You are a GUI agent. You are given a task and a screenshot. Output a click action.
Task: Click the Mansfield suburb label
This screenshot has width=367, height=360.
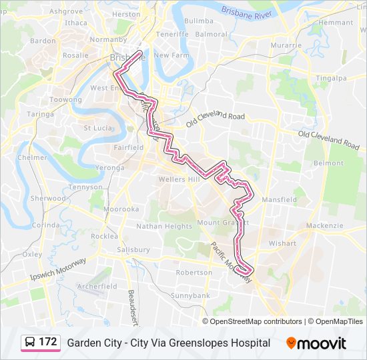279,199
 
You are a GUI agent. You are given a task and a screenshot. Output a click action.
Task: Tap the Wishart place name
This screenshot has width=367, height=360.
282,243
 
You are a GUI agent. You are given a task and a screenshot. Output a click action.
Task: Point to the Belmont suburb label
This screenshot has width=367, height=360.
329,163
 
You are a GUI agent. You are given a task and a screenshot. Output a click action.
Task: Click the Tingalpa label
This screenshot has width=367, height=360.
332,78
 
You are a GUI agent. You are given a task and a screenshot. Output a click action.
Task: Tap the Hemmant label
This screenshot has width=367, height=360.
336,23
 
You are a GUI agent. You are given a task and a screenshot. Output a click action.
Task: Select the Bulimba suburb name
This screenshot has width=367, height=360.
198,21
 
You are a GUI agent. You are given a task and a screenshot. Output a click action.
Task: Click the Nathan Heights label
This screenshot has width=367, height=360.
164,226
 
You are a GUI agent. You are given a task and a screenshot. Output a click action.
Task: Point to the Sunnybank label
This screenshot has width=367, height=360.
190,295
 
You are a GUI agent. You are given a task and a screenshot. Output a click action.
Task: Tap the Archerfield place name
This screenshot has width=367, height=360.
97,286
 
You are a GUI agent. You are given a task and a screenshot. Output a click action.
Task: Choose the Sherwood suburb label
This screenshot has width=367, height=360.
49,198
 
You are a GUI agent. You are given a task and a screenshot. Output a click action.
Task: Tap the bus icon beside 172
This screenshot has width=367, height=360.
30,343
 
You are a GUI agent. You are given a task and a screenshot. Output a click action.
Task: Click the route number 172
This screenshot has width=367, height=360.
47,342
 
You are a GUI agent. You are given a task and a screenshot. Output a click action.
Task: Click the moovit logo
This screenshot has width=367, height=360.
316,343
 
